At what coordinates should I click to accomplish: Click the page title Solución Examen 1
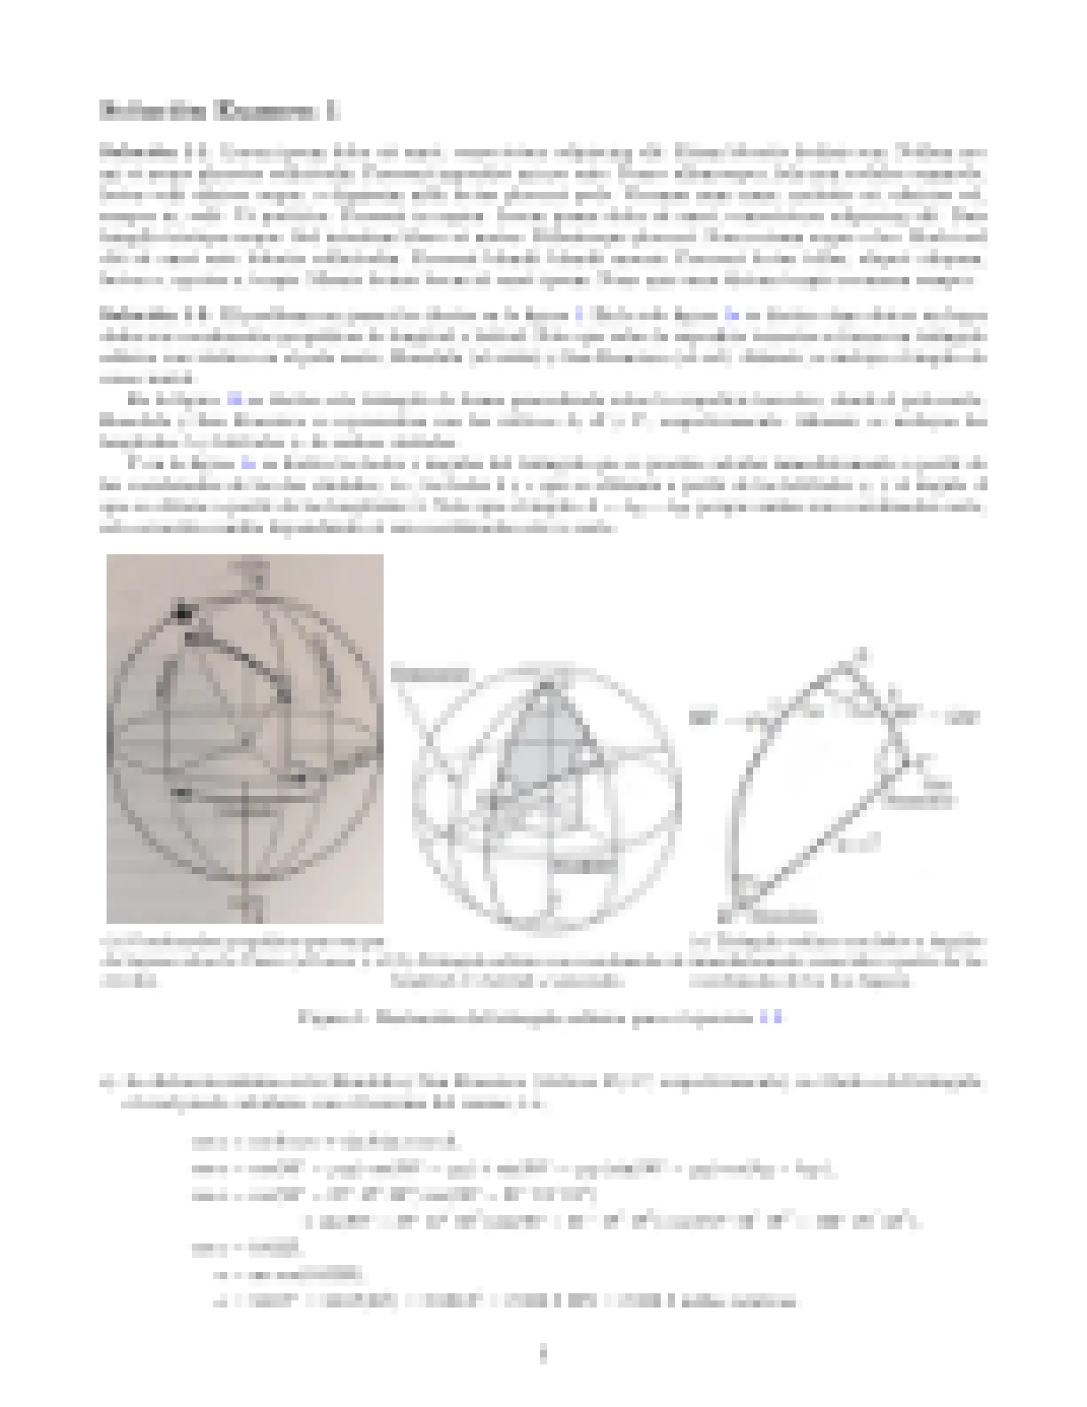pos(218,111)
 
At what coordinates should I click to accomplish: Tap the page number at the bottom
pos(543,1355)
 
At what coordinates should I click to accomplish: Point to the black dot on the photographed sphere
pos(184,612)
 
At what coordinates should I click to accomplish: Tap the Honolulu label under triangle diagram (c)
pos(789,916)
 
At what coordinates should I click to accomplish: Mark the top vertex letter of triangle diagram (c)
pos(858,656)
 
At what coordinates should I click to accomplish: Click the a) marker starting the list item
pos(108,1083)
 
